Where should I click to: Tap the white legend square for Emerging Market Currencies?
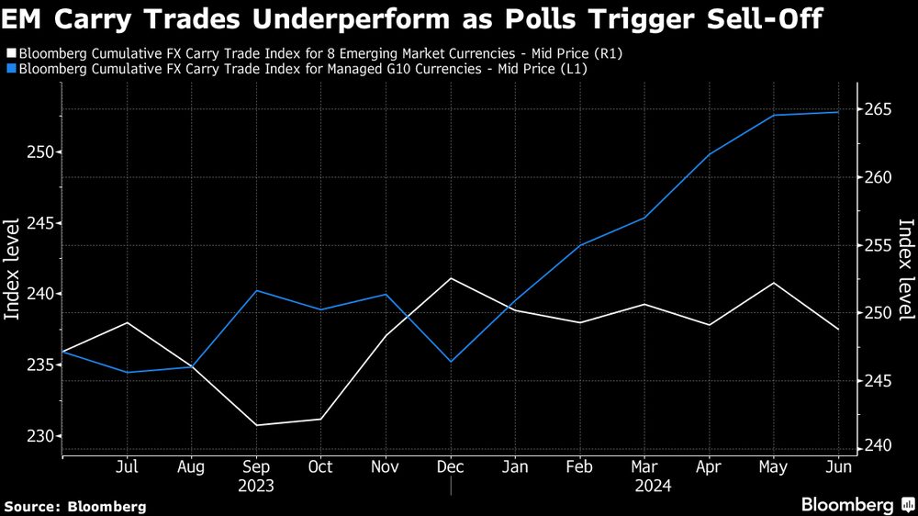pos(10,54)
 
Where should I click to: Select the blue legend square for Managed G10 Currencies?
pos(10,69)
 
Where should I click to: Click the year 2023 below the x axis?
pos(255,487)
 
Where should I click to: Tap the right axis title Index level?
pos(905,270)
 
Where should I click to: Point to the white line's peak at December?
pos(450,278)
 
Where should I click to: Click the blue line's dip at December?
pos(450,362)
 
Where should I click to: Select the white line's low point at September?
pos(255,425)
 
